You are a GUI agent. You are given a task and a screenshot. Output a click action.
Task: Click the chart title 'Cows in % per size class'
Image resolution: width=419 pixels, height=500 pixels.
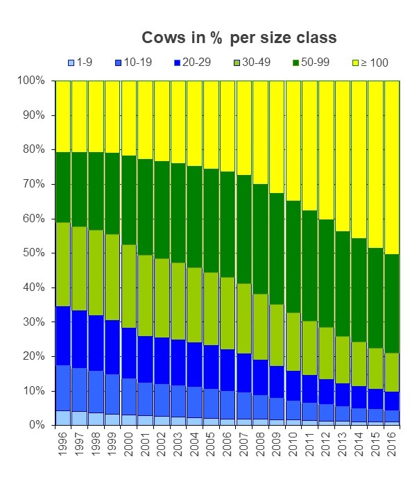click(239, 37)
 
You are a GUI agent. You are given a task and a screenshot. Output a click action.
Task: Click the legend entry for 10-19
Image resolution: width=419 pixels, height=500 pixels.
click(132, 62)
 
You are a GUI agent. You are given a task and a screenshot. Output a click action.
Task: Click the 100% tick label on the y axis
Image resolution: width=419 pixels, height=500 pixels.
click(31, 81)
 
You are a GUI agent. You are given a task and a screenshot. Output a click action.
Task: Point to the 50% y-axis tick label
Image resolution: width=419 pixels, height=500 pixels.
click(33, 253)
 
